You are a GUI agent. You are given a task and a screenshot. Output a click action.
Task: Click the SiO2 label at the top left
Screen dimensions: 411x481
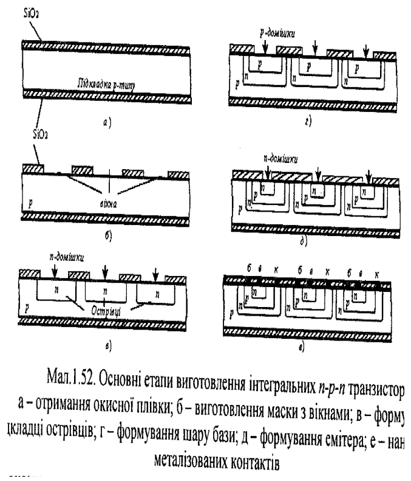[x=31, y=10]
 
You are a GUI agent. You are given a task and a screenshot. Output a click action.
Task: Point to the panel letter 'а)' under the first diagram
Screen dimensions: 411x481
[x=106, y=122]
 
